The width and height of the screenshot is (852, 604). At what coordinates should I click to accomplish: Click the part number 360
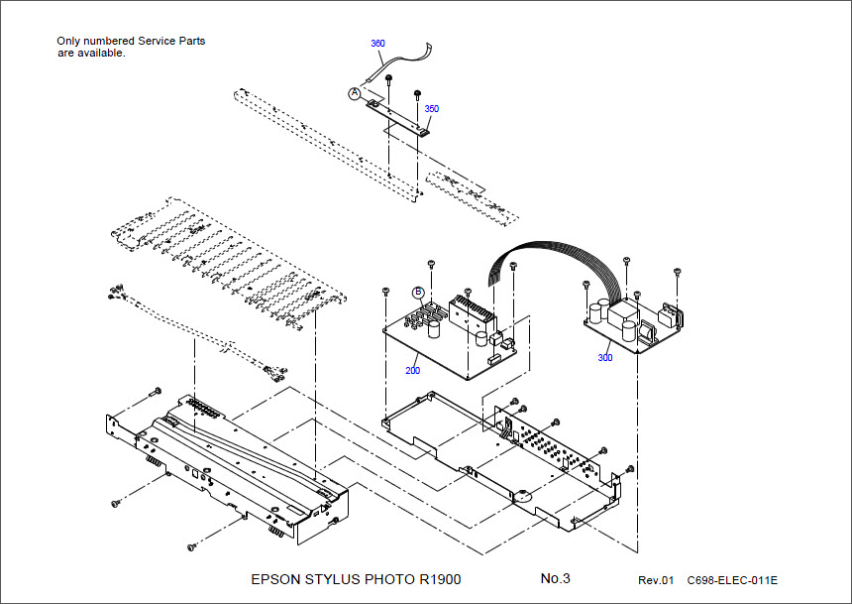(377, 44)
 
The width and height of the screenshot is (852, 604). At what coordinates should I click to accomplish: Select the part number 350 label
(432, 108)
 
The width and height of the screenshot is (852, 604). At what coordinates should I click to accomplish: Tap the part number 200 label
(412, 370)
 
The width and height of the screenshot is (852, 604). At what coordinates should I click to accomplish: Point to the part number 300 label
(604, 358)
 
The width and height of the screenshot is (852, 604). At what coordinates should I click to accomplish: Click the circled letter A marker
(355, 92)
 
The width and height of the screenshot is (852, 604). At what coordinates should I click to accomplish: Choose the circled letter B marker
(418, 293)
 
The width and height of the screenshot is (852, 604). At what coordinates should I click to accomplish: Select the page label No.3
(555, 578)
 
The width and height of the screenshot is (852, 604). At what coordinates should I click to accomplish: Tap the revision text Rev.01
(655, 580)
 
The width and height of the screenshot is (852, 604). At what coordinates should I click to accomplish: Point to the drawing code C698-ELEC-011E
(732, 580)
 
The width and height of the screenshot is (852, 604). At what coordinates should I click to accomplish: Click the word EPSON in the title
(272, 579)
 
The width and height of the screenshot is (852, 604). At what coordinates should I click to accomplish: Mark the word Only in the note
(70, 42)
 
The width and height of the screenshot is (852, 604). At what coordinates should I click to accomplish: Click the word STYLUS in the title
(331, 579)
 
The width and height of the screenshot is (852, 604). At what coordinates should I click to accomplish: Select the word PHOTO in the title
(388, 579)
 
